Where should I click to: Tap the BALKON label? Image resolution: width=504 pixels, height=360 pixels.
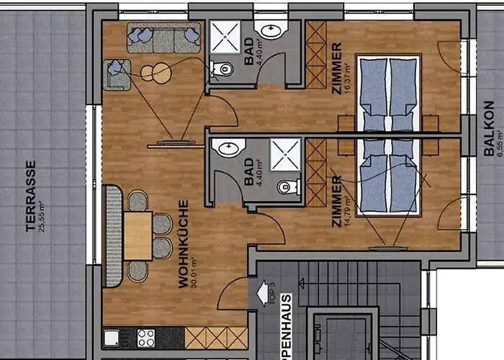click(489, 129)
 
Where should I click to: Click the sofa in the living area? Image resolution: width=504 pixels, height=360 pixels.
click(163, 37)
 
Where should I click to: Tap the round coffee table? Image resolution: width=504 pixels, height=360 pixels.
click(156, 72)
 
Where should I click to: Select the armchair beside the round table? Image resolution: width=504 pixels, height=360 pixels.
click(117, 75)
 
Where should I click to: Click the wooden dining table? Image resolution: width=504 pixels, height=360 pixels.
click(138, 235)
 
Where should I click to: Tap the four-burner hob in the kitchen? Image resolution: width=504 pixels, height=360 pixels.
click(146, 338)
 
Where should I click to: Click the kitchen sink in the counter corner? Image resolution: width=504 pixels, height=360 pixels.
click(112, 338)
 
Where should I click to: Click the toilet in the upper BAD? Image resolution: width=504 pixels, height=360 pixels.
click(222, 70)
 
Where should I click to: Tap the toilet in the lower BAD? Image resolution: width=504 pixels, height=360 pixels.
click(288, 187)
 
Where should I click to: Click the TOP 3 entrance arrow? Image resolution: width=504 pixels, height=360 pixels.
click(262, 294)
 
